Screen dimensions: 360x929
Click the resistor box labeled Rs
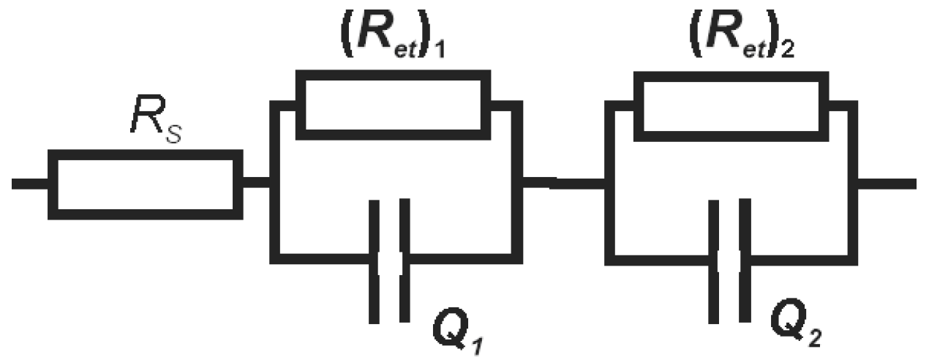pyautogui.click(x=145, y=184)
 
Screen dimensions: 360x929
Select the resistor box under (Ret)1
pyautogui.click(x=392, y=104)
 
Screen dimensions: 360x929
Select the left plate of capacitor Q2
pyautogui.click(x=714, y=260)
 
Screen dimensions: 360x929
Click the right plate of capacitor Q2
pyautogui.click(x=745, y=260)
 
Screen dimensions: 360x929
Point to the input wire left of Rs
pyautogui.click(x=30, y=183)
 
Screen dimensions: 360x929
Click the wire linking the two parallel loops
pyautogui.click(x=563, y=183)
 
